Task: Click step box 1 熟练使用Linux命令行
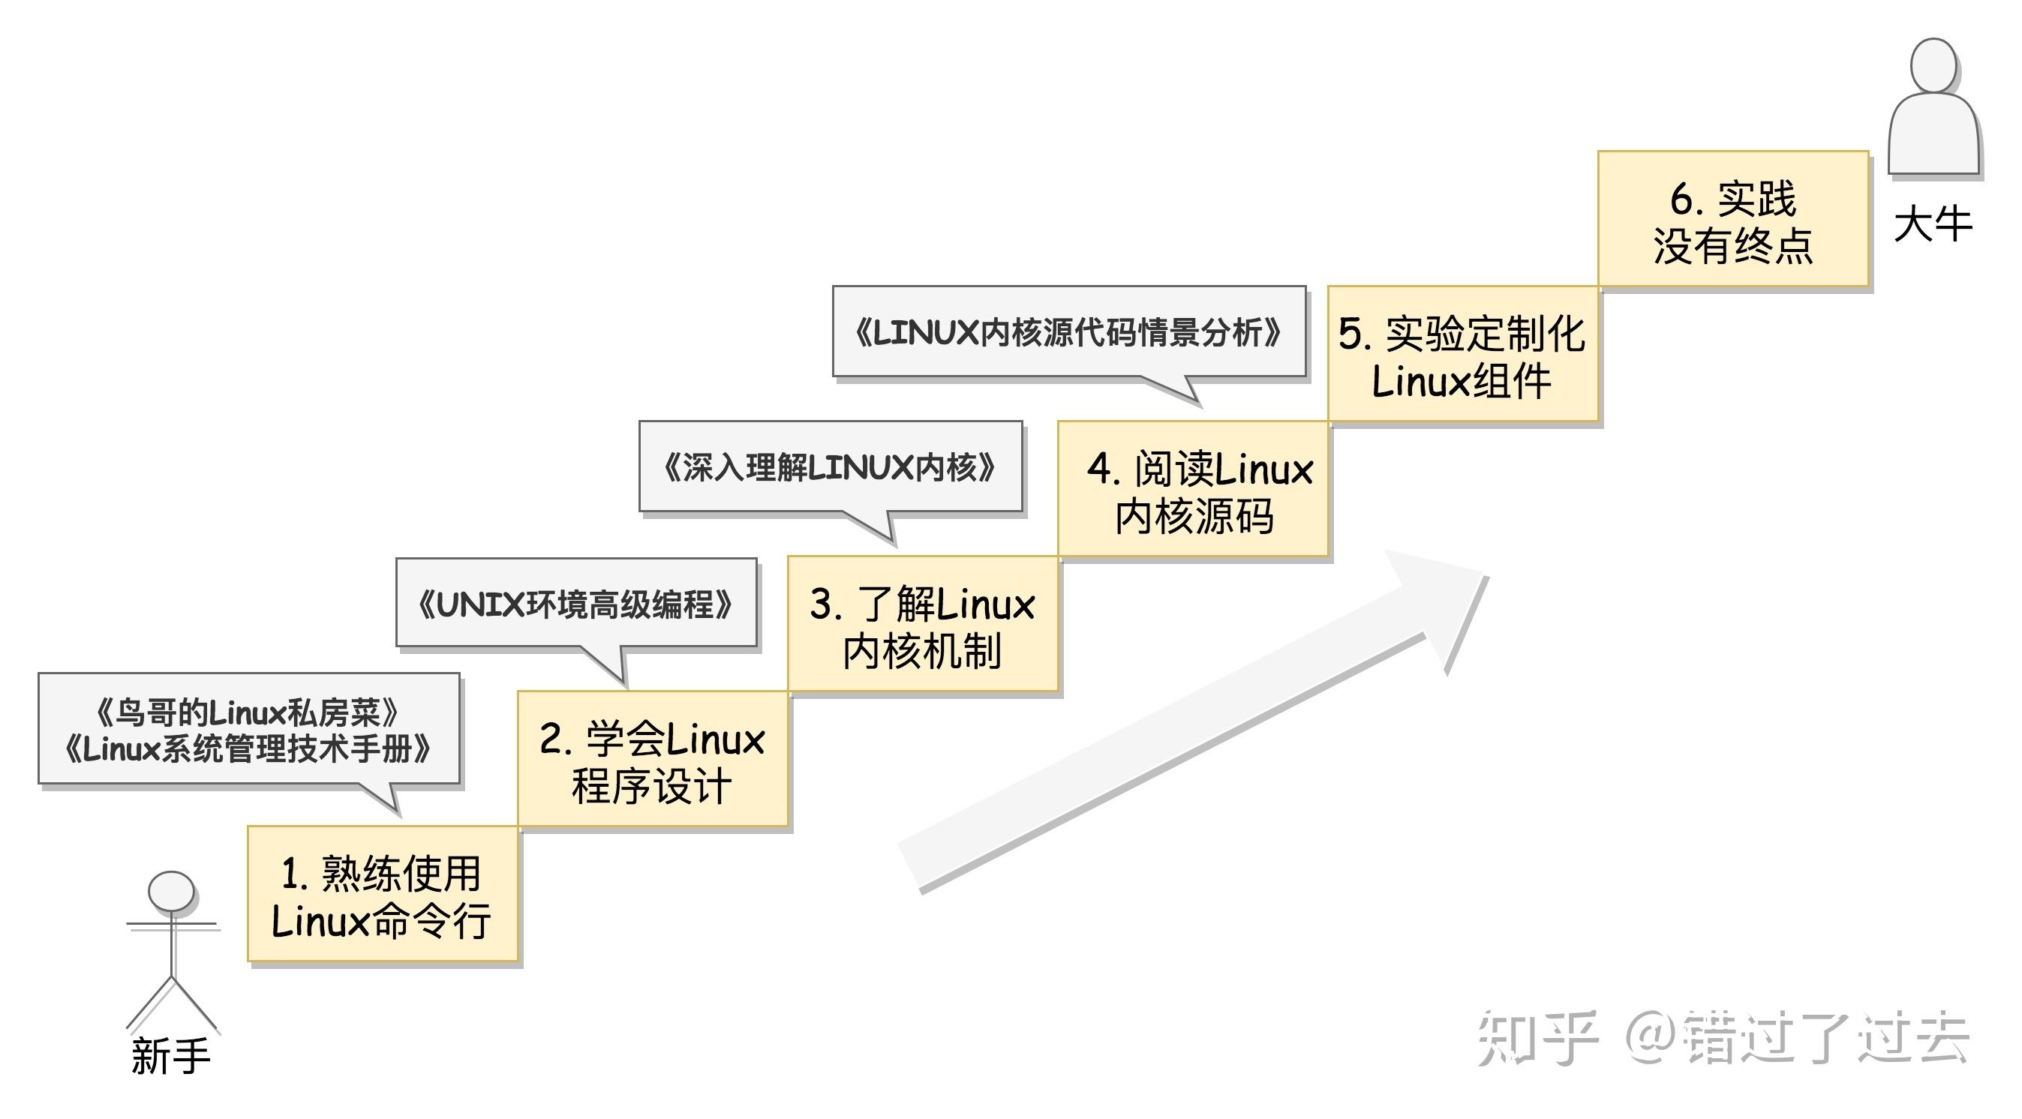click(x=382, y=894)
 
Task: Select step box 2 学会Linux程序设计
click(x=652, y=759)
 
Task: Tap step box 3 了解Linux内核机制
click(x=923, y=625)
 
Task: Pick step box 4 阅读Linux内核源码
click(x=1193, y=490)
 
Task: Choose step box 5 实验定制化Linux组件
click(x=1462, y=355)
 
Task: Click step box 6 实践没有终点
click(x=1733, y=220)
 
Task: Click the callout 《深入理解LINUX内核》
click(x=831, y=468)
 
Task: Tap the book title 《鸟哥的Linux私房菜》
click(x=248, y=712)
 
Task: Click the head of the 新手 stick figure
click(x=172, y=892)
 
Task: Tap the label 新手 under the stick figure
click(x=171, y=1055)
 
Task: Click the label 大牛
click(x=1933, y=224)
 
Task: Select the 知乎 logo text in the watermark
click(x=1537, y=1037)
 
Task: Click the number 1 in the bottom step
click(x=291, y=874)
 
